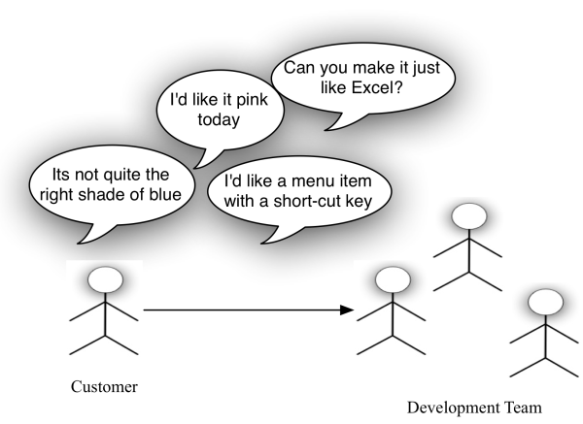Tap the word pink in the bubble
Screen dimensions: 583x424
pos(252,100)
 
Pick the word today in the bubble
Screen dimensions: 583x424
pos(219,120)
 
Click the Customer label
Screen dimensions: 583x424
pos(104,387)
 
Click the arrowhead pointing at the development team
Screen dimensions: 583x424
pos(347,310)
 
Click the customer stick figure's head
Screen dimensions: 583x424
pos(105,280)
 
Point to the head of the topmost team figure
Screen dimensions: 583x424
pos(469,216)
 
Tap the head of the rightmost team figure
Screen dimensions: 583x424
pos(545,302)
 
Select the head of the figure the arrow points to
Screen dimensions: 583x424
pos(393,280)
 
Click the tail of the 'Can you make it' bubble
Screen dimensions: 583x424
pos(326,130)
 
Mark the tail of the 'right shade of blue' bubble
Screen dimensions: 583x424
pos(79,244)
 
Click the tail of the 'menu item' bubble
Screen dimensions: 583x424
pos(262,244)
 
